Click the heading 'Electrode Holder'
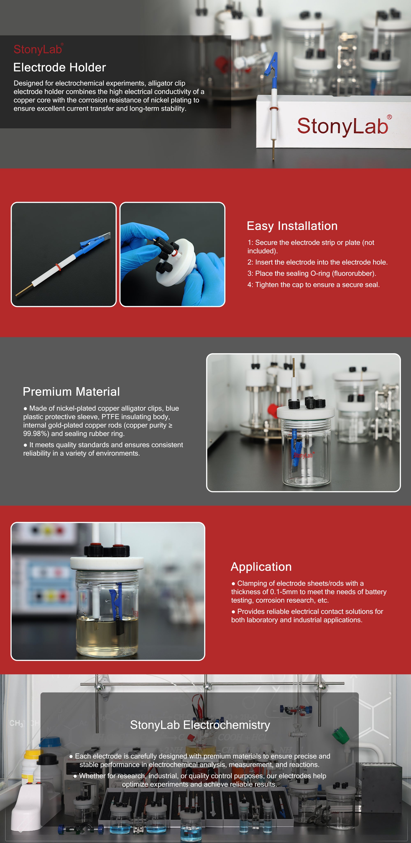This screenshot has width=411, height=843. [60, 67]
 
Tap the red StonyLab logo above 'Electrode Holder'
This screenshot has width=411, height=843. [38, 49]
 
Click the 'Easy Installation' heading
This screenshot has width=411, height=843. [292, 226]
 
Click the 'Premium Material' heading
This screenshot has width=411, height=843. [71, 392]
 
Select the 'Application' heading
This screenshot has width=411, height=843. [261, 567]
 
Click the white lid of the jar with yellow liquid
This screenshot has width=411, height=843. [107, 563]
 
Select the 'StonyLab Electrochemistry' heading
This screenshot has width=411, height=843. [200, 725]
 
